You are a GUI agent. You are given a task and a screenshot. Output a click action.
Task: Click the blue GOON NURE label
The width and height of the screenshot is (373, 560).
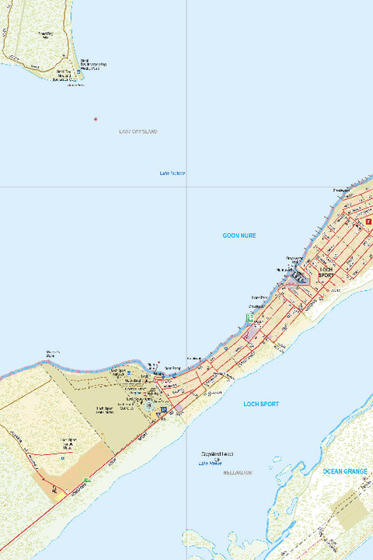point(239,235)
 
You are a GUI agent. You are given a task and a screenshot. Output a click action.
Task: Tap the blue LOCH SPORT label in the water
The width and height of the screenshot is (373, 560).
point(260,404)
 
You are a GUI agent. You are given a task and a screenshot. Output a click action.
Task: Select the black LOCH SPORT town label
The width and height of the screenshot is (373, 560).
point(326,272)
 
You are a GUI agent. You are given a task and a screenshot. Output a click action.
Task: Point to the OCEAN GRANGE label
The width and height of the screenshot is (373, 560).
point(345,471)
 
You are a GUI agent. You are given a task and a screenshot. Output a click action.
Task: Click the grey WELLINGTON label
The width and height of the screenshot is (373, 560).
point(237,473)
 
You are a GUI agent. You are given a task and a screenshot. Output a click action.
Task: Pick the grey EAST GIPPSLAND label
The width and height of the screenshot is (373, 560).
point(138,132)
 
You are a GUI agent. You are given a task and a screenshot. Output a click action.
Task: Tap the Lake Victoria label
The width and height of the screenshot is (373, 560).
point(173,173)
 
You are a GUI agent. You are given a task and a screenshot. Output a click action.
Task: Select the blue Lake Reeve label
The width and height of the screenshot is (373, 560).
point(211,464)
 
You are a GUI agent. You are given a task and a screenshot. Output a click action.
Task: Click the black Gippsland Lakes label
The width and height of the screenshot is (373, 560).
point(218,454)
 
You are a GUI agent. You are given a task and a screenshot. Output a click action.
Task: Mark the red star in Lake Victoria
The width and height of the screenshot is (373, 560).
point(96,119)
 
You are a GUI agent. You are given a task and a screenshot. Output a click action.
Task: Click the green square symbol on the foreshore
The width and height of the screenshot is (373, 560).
point(249,317)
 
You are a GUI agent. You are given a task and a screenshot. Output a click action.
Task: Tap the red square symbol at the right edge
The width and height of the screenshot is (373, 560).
point(368,221)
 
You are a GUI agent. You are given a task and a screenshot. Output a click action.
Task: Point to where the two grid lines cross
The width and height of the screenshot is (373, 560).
point(186,187)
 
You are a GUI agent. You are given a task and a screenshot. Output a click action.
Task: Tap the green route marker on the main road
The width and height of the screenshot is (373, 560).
point(86,480)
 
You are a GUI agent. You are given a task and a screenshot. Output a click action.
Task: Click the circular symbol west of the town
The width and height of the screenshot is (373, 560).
point(148,404)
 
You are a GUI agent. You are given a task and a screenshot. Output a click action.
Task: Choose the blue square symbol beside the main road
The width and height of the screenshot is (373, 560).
point(164,409)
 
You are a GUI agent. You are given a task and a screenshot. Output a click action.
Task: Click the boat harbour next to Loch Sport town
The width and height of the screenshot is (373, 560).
point(296,278)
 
